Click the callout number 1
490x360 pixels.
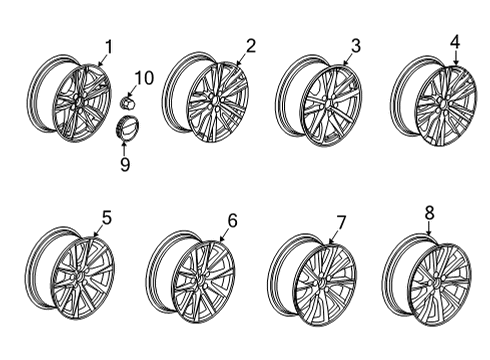click(x=109, y=44)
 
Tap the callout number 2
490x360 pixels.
click(x=250, y=45)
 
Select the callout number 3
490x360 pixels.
click(x=354, y=44)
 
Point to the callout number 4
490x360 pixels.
click(x=455, y=41)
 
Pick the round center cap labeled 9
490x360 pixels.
click(x=127, y=129)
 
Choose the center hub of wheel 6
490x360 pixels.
click(x=202, y=284)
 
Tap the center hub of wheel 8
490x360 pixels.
click(x=440, y=284)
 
